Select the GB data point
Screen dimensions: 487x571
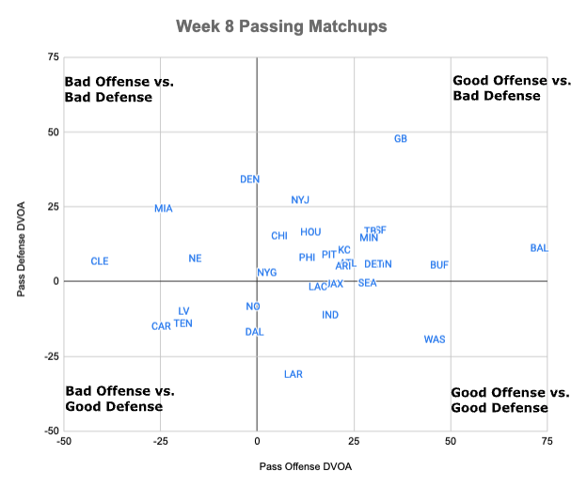401,139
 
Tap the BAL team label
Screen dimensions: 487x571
539,248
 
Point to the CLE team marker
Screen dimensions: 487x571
100,261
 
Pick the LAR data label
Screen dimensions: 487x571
293,374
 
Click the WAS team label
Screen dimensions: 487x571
435,339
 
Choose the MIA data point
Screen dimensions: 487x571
164,209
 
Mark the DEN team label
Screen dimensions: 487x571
250,179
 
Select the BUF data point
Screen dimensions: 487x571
439,265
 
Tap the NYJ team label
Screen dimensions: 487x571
300,200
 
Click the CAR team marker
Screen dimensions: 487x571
161,326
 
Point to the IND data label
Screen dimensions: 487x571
330,315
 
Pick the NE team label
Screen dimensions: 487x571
195,259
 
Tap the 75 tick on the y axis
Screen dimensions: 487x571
54,57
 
